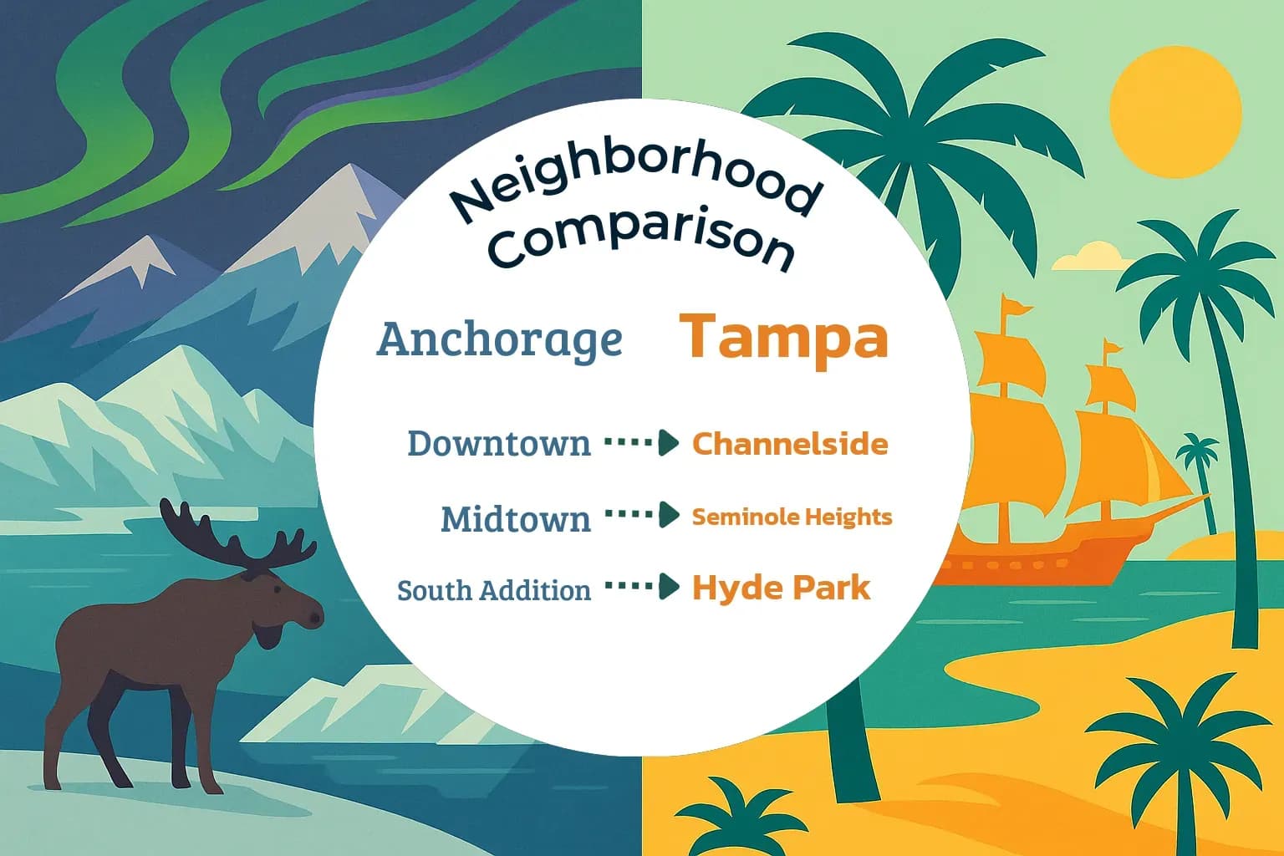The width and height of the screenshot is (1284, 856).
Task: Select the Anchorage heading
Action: point(500,339)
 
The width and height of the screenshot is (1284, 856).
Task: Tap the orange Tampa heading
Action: point(783,337)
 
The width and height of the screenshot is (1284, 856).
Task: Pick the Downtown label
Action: point(498,443)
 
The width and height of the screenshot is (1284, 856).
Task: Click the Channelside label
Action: point(790,444)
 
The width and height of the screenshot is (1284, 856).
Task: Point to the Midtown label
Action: point(515,519)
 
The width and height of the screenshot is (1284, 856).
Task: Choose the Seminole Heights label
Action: point(792,517)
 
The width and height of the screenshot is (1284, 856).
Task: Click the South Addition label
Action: point(493,590)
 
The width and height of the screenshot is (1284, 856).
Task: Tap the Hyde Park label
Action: point(781,588)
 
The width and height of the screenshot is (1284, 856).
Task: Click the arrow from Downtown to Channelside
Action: point(641,442)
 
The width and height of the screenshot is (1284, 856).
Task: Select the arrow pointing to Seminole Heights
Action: point(641,515)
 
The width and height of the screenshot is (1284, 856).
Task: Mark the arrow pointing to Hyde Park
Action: point(641,587)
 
